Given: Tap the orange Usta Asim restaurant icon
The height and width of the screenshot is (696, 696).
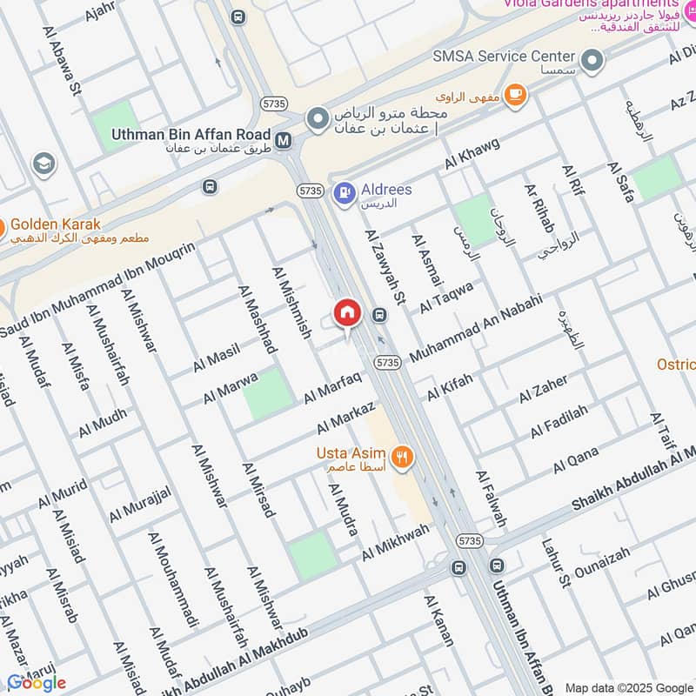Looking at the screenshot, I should click(402, 455).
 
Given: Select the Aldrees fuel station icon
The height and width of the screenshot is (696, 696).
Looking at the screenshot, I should click(345, 190).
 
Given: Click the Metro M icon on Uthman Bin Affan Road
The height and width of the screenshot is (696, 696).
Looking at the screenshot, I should click(283, 139).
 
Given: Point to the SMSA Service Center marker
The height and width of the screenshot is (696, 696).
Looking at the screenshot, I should click(592, 61).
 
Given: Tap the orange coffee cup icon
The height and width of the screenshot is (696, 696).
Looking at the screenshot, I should click(516, 94).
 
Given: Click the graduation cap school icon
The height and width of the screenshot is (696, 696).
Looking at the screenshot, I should click(43, 163).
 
